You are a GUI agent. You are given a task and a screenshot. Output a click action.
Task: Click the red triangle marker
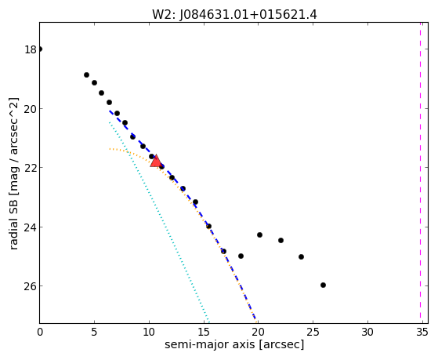point(156,162)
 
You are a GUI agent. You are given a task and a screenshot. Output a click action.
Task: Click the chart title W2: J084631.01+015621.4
point(234,15)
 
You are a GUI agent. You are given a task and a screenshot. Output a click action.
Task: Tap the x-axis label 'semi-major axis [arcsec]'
point(234,344)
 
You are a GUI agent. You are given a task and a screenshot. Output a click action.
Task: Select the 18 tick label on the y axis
point(31,49)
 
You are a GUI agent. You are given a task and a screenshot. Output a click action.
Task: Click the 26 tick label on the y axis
point(31,286)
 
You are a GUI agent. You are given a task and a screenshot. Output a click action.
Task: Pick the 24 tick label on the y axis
point(31,227)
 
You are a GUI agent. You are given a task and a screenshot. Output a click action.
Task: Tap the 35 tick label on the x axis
point(422,332)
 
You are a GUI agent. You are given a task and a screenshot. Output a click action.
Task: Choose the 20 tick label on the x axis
point(258,332)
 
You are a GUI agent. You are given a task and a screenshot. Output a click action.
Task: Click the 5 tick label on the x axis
point(94,332)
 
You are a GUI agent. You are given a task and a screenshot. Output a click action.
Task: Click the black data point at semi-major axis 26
point(323,285)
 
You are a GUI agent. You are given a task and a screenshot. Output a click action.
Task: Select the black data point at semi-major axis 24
point(301,256)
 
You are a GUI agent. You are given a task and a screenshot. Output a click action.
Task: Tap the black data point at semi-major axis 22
point(281,240)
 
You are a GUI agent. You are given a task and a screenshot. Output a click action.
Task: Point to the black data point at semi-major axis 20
point(260,235)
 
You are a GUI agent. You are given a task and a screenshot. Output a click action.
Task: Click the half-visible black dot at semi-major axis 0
point(41,49)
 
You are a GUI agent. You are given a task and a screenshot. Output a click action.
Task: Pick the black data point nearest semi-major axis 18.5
point(241,256)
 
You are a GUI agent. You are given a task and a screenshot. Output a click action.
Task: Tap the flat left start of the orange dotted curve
point(110,149)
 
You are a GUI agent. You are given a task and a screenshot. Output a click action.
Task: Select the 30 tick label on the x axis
point(367,332)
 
